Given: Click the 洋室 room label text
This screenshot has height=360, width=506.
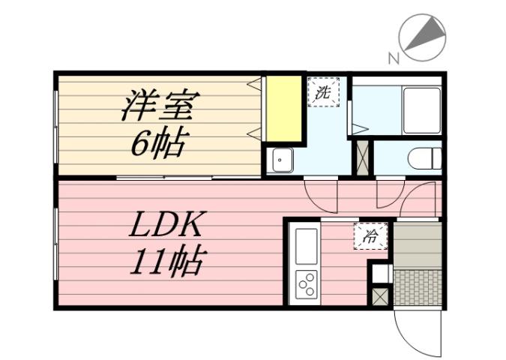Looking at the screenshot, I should tap(159, 106).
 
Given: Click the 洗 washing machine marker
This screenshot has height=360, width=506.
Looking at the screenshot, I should tap(323, 93).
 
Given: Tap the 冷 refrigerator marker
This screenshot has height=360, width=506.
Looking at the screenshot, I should tap(370, 238).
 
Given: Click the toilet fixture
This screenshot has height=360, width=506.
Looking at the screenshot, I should tap(425, 159).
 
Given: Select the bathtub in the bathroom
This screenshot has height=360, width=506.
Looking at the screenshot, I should tap(421, 110).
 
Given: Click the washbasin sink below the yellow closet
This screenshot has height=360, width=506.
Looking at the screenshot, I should tap(281, 160).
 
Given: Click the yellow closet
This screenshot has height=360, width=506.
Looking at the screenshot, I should tap(284, 109).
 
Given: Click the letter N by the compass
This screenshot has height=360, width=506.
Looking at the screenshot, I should tap(393, 58).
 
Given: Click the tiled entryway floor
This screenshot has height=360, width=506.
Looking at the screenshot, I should tap(417, 287).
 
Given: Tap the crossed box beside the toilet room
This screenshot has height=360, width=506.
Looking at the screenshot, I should tap(363, 158).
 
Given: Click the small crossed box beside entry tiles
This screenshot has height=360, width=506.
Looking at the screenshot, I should tap(381, 295).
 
